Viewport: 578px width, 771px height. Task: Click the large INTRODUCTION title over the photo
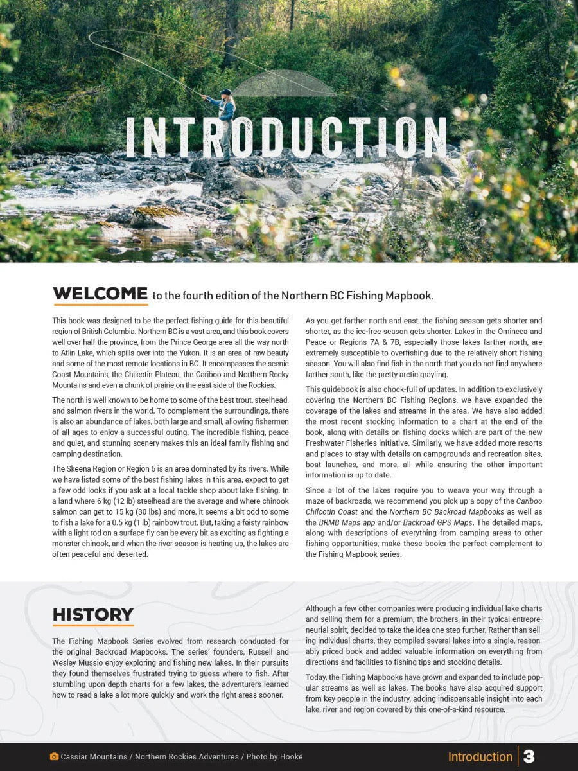[286, 137]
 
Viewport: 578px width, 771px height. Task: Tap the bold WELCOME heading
[100, 294]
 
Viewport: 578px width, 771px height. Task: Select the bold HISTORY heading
[92, 615]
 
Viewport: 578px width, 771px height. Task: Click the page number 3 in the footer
[529, 756]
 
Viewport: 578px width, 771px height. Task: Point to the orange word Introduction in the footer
[480, 757]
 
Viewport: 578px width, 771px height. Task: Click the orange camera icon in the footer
[54, 757]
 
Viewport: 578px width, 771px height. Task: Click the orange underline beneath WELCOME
[100, 305]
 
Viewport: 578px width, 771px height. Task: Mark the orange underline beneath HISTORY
[92, 625]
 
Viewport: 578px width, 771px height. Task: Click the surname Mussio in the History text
[95, 662]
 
